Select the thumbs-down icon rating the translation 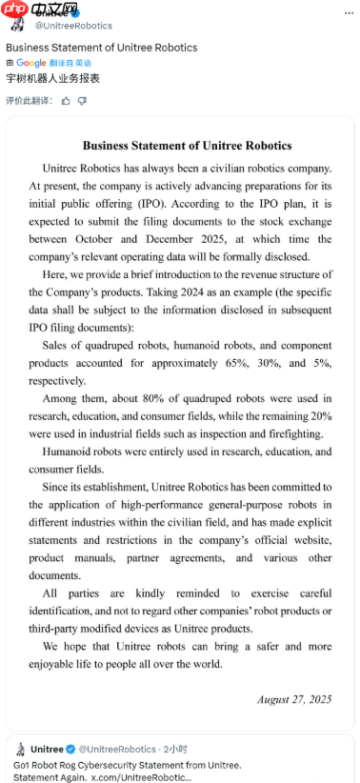click(82, 100)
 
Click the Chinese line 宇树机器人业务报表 click(53, 79)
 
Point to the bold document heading click(187, 146)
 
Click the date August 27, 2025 click(294, 698)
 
